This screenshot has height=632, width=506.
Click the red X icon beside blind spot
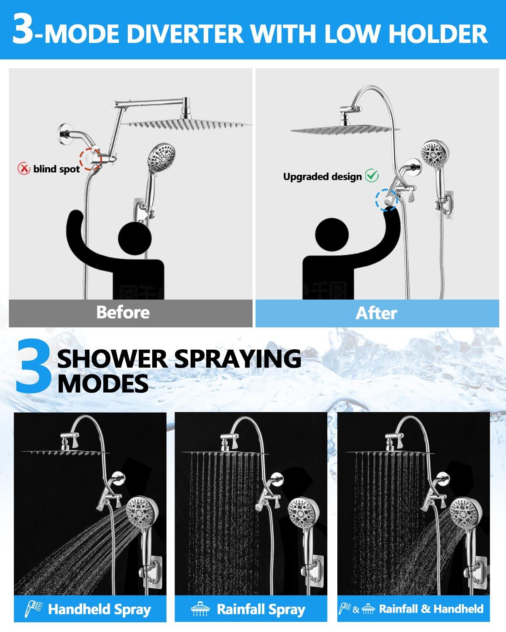point(24,169)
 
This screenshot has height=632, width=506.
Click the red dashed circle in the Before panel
point(92,159)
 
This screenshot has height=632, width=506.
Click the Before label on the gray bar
point(122,312)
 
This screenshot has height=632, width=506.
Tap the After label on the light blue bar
point(376,313)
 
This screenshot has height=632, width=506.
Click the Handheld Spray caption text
point(99,609)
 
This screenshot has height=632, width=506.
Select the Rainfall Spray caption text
point(261,609)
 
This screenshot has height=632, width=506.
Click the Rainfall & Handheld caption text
point(431,609)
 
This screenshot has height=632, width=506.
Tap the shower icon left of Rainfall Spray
point(200,609)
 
